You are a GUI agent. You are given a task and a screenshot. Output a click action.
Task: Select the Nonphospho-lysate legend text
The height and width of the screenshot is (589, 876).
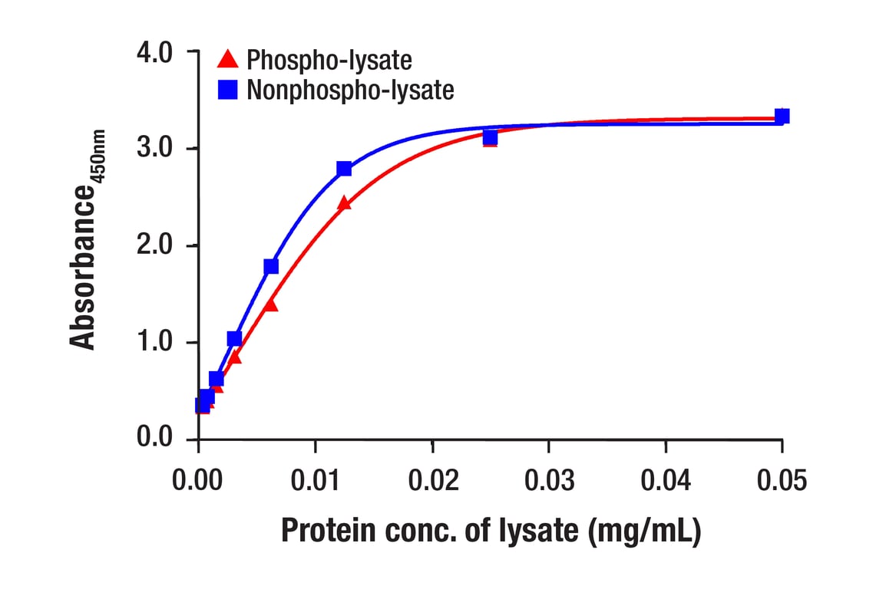350,90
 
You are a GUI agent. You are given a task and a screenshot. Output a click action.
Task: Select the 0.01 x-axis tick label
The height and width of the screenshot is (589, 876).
316,481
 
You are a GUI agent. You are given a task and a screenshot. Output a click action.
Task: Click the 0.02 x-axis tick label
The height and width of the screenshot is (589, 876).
432,481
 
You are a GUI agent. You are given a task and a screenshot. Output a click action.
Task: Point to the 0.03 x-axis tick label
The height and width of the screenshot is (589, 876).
549,481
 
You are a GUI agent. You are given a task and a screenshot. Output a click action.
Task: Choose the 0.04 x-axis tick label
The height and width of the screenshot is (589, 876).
666,481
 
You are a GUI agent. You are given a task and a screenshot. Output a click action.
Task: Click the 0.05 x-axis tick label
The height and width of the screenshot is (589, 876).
782,481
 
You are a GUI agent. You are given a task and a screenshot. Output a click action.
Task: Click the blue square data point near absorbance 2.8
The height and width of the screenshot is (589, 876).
344,169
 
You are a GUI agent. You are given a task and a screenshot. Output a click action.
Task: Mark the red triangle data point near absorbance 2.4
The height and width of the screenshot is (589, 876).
344,203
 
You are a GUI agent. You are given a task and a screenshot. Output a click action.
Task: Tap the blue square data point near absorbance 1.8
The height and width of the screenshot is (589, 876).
271,266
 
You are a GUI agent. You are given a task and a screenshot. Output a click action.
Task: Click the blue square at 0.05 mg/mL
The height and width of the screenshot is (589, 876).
782,117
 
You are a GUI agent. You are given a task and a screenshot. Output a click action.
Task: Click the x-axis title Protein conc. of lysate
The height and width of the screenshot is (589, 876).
491,531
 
